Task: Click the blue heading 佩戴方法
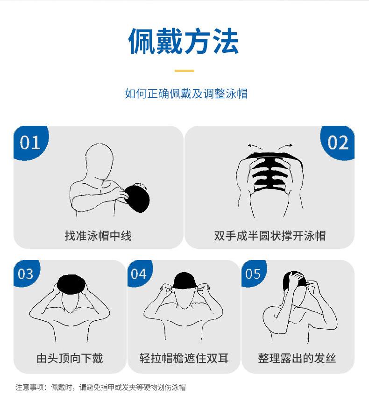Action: (x=184, y=41)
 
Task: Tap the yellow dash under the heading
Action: (x=184, y=71)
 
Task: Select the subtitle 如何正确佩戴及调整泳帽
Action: (x=186, y=94)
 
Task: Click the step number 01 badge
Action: (x=31, y=143)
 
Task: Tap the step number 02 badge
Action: (x=338, y=143)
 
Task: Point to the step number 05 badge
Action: (x=254, y=274)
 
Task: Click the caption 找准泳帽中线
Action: (x=98, y=236)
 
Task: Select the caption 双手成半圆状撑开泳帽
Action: (x=270, y=236)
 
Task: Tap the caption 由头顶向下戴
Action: (x=70, y=358)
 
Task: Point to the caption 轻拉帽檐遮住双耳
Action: (x=184, y=358)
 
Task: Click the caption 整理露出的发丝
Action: (x=297, y=358)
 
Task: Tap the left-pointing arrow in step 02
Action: (x=255, y=147)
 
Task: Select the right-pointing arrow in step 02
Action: (x=285, y=147)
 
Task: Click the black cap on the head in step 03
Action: (x=71, y=284)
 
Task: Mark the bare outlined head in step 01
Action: (x=99, y=161)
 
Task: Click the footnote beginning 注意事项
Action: (x=100, y=387)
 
